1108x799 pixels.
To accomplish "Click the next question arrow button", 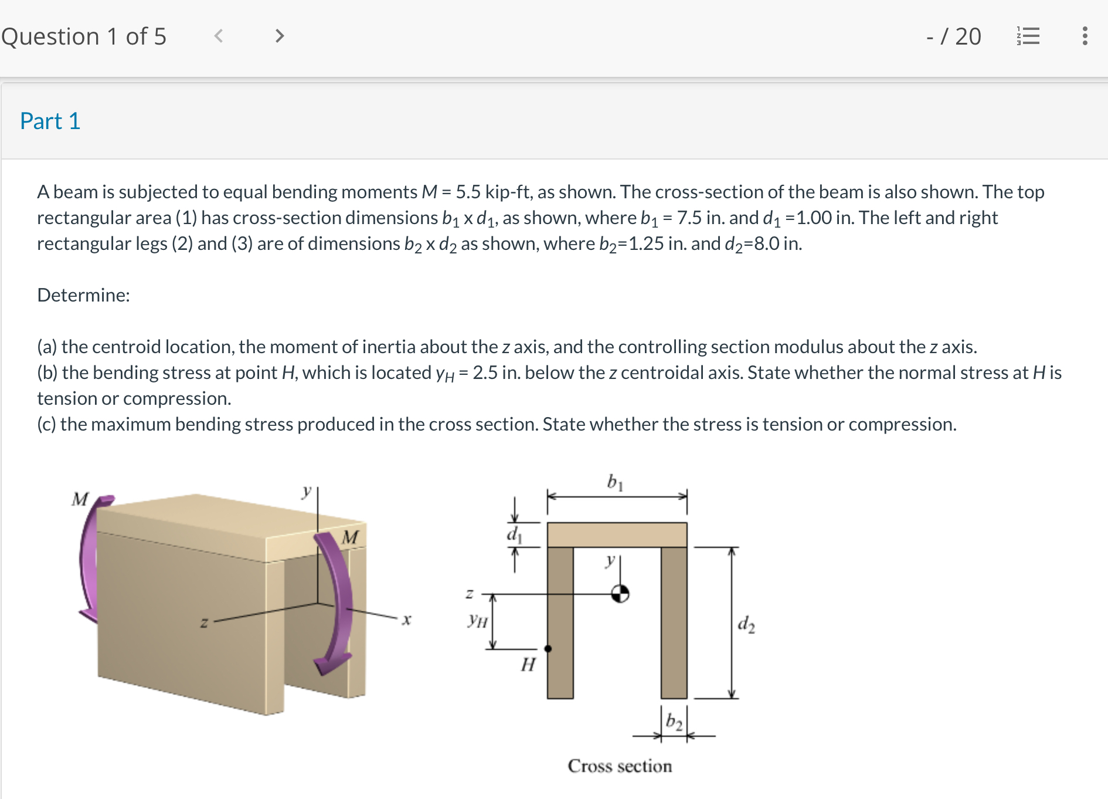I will (279, 36).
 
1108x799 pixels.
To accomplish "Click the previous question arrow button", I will (219, 36).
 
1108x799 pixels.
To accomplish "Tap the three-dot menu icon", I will (1085, 36).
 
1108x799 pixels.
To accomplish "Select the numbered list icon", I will (1028, 36).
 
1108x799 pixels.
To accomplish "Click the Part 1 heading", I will (50, 121).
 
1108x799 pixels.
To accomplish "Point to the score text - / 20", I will (953, 36).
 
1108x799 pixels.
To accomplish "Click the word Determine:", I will (83, 295).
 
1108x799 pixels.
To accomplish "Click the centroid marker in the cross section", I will (620, 594).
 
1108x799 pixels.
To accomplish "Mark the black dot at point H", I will (548, 648).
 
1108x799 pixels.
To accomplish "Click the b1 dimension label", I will (614, 482).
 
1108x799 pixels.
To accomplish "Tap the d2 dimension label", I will (746, 624).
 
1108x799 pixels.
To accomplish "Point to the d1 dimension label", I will (514, 534).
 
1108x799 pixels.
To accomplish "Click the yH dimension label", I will (477, 620).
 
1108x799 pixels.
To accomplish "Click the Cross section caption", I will (620, 766).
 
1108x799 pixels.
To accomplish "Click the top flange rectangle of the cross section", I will (617, 535).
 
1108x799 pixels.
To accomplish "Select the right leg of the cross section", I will (674, 622).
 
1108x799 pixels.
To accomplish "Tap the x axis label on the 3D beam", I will (406, 619).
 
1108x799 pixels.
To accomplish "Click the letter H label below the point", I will (528, 665).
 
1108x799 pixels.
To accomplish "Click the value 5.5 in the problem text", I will (468, 192).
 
